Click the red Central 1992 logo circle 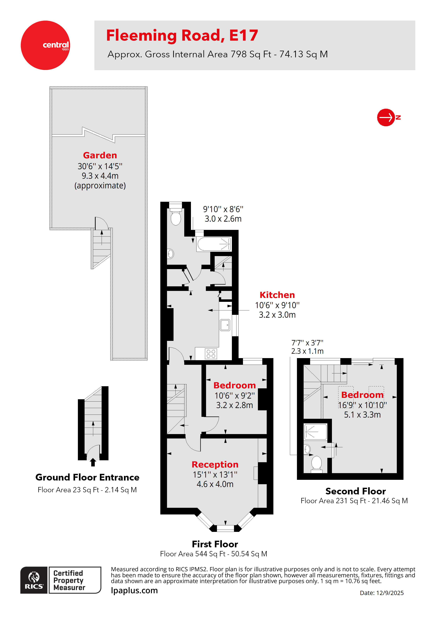coord(45,45)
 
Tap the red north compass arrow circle coord(386,117)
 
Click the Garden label coord(100,155)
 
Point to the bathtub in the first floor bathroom coord(214,244)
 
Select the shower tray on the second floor coord(315,432)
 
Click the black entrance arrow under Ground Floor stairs coord(93,462)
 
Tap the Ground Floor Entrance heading coord(87,477)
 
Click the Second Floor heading coord(355,491)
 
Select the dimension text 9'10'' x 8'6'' coord(223,209)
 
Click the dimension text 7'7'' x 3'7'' coord(307,343)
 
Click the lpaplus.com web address coord(134,591)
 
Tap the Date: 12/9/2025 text coord(381,593)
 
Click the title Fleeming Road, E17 coord(182,36)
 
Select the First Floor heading coord(215,544)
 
